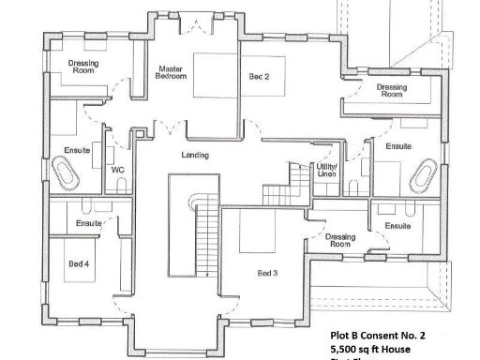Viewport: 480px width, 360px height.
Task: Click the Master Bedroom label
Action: (x=170, y=73)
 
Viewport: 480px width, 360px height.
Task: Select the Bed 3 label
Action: (x=268, y=274)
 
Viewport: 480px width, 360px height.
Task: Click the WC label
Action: (x=119, y=170)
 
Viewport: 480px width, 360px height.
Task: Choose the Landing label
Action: (x=195, y=155)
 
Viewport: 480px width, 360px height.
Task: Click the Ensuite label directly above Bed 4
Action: (x=89, y=224)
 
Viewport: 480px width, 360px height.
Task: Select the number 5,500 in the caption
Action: (x=345, y=349)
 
